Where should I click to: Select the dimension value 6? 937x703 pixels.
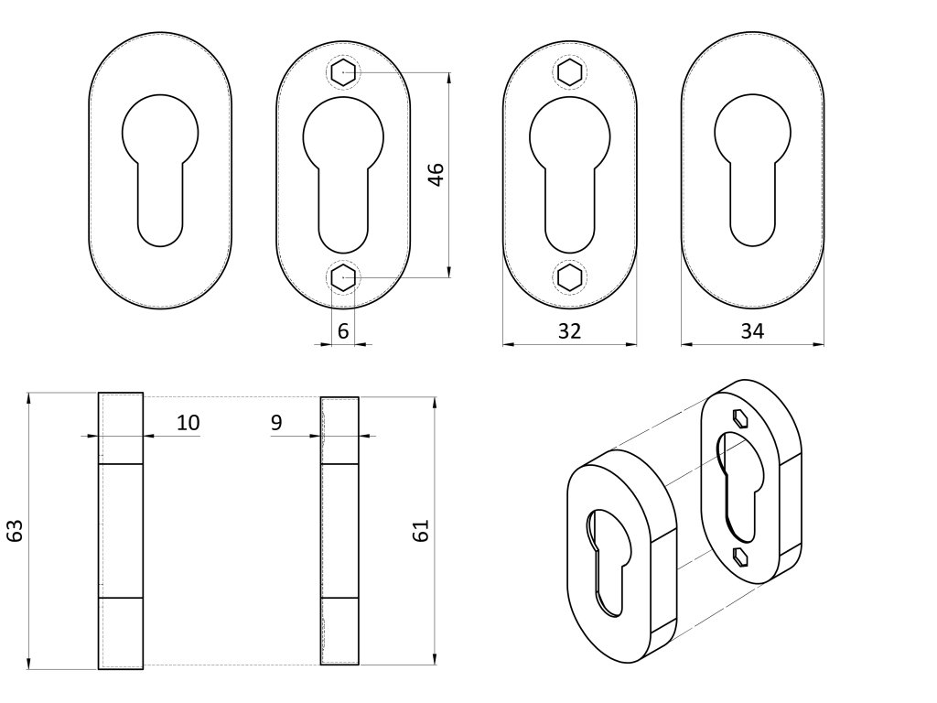pos(343,331)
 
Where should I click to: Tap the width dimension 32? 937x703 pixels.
pos(569,331)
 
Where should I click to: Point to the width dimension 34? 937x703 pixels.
pos(752,331)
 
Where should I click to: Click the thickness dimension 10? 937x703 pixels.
pos(188,422)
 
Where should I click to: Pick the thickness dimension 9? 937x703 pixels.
pos(277,422)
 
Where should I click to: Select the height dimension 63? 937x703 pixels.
pos(15,531)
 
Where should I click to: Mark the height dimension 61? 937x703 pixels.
pos(422,531)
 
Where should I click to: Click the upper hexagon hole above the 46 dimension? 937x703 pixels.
pos(343,72)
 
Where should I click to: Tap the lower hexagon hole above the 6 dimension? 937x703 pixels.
pos(343,277)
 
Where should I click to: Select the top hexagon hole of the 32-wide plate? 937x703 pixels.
pos(569,72)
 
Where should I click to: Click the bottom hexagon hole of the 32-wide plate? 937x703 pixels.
pos(569,277)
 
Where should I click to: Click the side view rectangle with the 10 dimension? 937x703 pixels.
pos(121,531)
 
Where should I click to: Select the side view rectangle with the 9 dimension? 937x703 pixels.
pos(339,531)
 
